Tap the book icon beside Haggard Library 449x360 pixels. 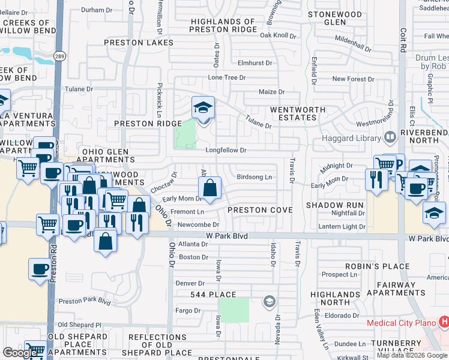point(391,138)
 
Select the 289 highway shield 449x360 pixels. point(56,56)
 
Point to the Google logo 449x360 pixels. point(20,352)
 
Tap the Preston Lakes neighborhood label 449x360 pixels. point(139,43)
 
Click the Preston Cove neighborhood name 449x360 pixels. point(260,210)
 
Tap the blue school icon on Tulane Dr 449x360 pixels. point(203,108)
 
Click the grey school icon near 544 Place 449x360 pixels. point(270,301)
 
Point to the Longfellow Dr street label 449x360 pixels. point(226,151)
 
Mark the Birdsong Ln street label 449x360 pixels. point(254,177)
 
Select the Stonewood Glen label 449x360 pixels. point(335,18)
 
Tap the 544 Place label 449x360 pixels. point(209,295)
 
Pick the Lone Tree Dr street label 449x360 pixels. point(227,77)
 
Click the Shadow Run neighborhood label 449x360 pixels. point(335,205)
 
